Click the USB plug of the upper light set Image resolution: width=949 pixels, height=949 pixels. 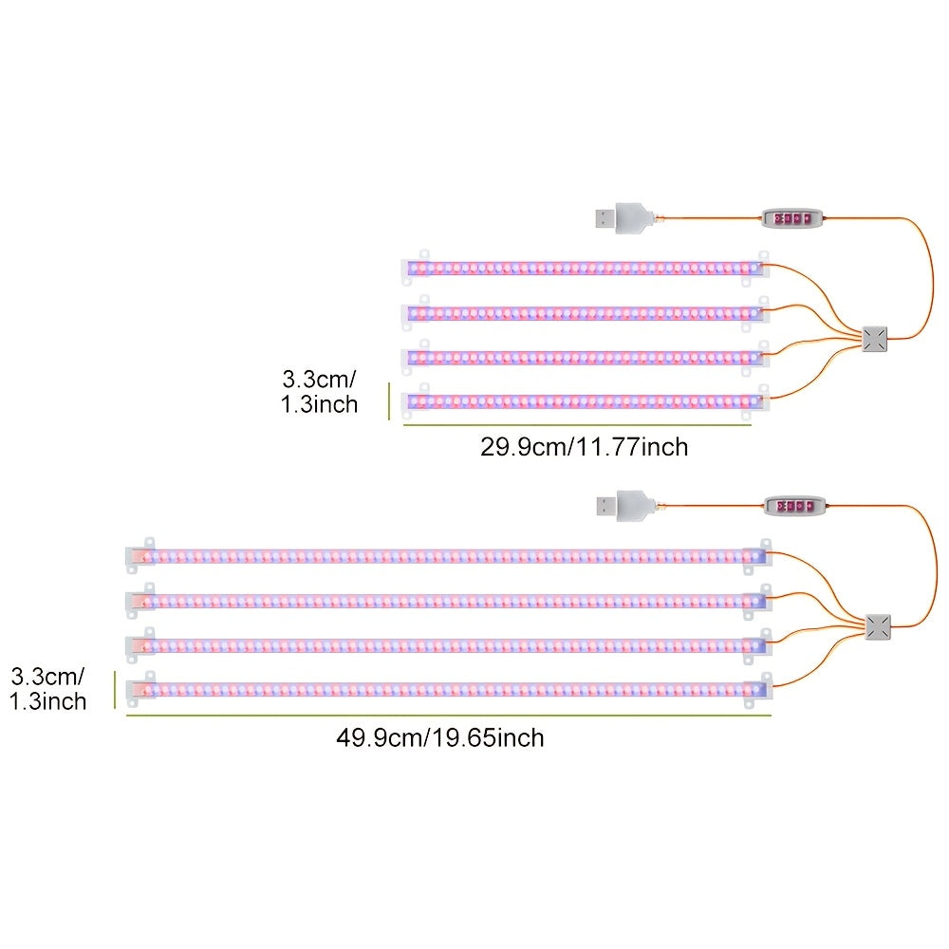pyautogui.click(x=623, y=218)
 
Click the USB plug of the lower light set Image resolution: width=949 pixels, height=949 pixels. pyautogui.click(x=624, y=506)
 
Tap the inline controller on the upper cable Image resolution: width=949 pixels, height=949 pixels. pyautogui.click(x=792, y=218)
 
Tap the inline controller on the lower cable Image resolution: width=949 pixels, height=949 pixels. pyautogui.click(x=794, y=506)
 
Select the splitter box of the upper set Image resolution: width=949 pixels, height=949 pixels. pyautogui.click(x=875, y=339)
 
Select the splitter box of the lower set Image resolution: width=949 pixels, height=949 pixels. pyautogui.click(x=878, y=627)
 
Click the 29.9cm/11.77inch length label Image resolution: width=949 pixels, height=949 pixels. pyautogui.click(x=584, y=447)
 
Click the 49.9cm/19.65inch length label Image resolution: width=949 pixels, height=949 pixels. pyautogui.click(x=440, y=737)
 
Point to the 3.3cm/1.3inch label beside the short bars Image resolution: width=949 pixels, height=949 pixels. pyautogui.click(x=319, y=392)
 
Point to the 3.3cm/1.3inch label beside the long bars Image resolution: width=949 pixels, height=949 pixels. pyautogui.click(x=47, y=689)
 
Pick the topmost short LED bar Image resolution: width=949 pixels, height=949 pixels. pyautogui.click(x=586, y=268)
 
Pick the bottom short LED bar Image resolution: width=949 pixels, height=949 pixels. pyautogui.click(x=586, y=401)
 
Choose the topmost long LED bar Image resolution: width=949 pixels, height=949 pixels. pyautogui.click(x=449, y=555)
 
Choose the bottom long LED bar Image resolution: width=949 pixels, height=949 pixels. pyautogui.click(x=449, y=689)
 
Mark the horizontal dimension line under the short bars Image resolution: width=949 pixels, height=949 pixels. pyautogui.click(x=577, y=425)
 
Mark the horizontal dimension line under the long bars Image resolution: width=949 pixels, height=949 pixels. pyautogui.click(x=449, y=716)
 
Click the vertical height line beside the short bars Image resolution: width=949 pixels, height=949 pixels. pyautogui.click(x=389, y=400)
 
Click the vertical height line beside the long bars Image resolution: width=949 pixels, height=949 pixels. pyautogui.click(x=115, y=689)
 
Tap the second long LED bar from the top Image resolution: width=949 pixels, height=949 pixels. pyautogui.click(x=449, y=601)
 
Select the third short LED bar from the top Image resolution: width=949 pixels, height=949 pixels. pyautogui.click(x=586, y=357)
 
